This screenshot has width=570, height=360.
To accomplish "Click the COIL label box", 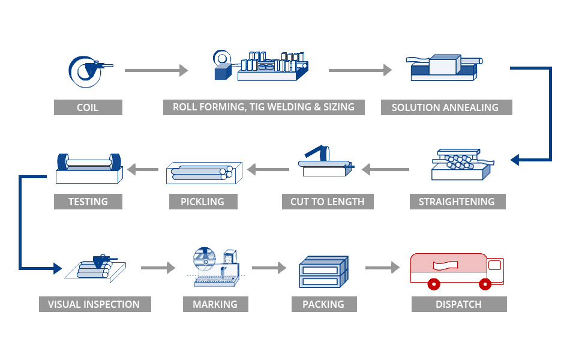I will point(88,107).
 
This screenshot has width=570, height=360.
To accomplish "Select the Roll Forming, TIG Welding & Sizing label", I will point(263,107).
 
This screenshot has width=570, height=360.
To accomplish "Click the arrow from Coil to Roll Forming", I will point(156,71).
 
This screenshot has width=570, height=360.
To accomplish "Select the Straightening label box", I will point(456,202).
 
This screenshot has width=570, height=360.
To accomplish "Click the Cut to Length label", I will point(328,202).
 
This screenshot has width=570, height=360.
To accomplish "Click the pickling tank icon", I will point(203,172).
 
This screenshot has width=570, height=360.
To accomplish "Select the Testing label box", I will point(88,202).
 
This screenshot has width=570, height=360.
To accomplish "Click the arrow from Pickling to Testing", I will point(142,170).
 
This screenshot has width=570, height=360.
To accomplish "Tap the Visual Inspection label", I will point(95,304).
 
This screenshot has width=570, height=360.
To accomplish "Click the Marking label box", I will point(215,304).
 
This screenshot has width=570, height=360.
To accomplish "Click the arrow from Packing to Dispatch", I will point(382,267).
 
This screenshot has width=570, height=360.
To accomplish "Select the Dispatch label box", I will point(458,304).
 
